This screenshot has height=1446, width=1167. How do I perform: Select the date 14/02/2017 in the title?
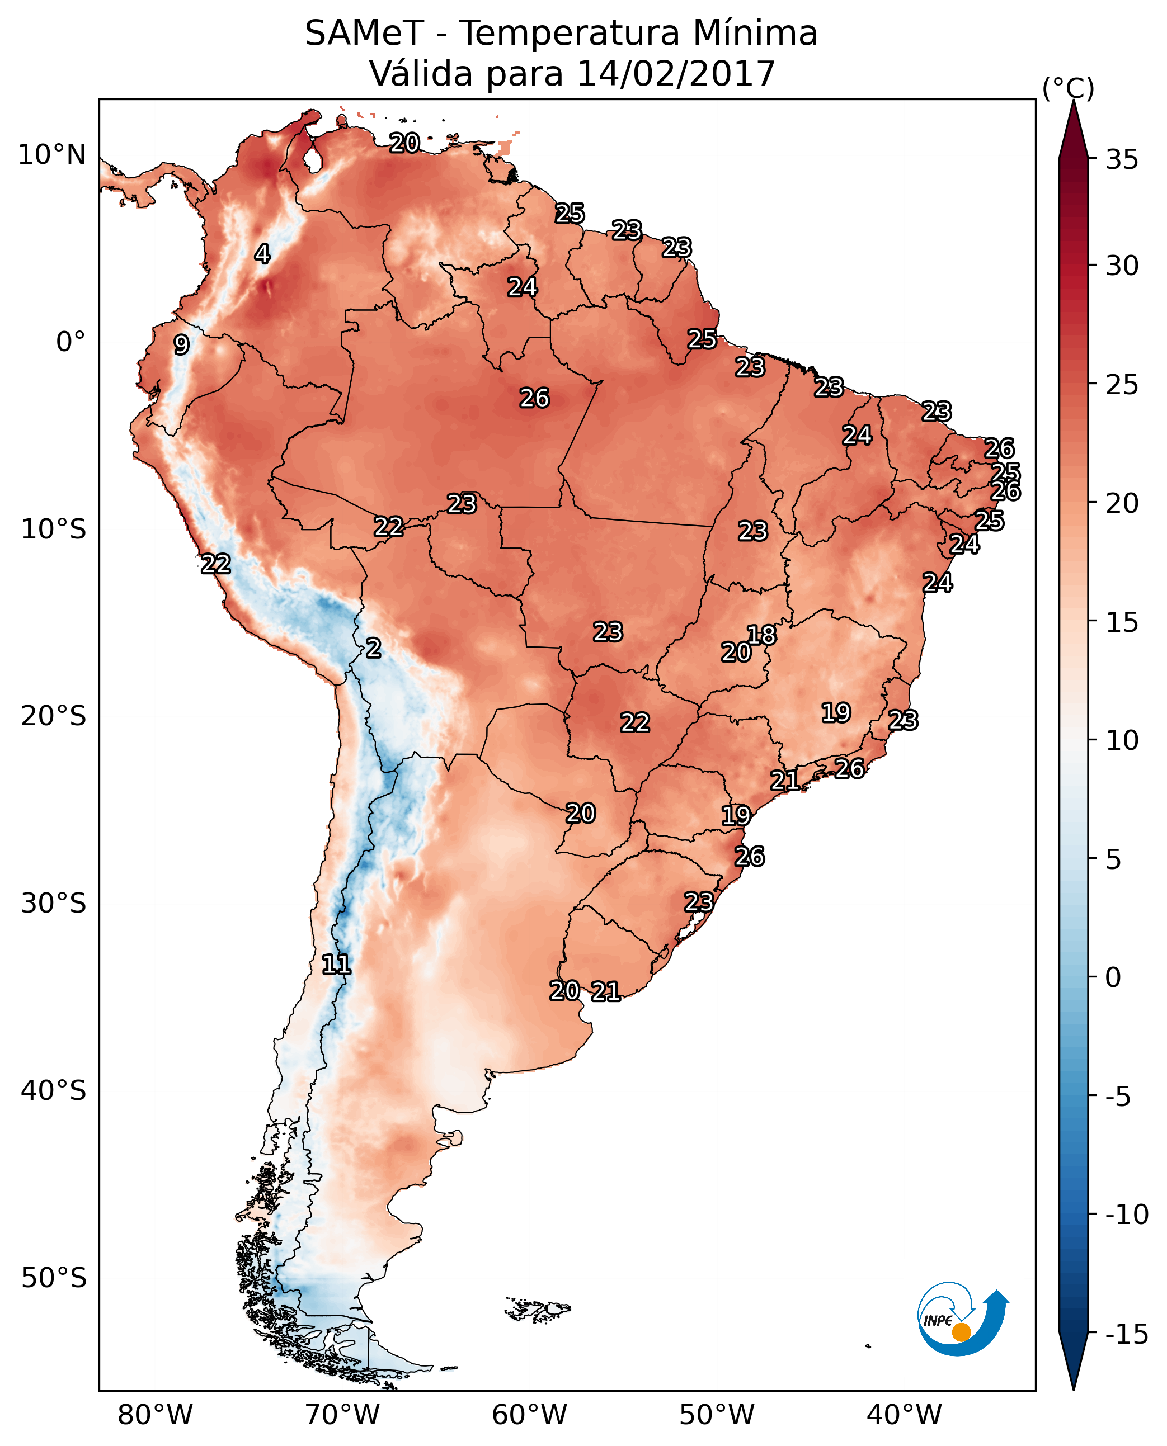[676, 73]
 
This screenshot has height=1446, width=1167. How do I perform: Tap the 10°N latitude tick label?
[52, 155]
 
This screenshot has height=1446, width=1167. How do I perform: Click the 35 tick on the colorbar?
[1122, 160]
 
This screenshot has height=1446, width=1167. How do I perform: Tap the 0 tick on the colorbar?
[1113, 977]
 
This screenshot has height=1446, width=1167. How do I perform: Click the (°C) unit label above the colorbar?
[1068, 88]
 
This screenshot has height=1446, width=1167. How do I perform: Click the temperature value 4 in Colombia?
[262, 254]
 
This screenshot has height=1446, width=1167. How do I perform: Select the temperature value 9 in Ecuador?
[181, 344]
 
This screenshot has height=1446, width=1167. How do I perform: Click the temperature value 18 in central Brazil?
[761, 634]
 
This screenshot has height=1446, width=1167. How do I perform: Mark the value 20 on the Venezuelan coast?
[404, 143]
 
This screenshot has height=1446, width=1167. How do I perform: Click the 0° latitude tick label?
[70, 342]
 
